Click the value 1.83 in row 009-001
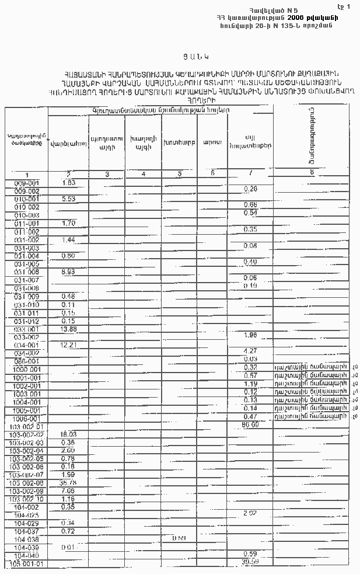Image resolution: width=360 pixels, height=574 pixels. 68,183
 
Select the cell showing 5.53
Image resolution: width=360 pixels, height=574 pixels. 68,199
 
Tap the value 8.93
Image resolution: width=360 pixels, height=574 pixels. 68,272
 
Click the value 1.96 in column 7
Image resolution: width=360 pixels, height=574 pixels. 250,335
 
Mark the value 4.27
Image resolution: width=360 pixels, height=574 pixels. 250,350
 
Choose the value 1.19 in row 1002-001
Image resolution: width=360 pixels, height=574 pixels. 250,384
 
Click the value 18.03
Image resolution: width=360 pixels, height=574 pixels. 69,434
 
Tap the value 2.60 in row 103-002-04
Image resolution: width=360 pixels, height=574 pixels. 68,450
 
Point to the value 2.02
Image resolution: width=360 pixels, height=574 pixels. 250,512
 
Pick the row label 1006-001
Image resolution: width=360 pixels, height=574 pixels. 27,419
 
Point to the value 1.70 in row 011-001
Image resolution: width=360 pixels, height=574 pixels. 68,222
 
